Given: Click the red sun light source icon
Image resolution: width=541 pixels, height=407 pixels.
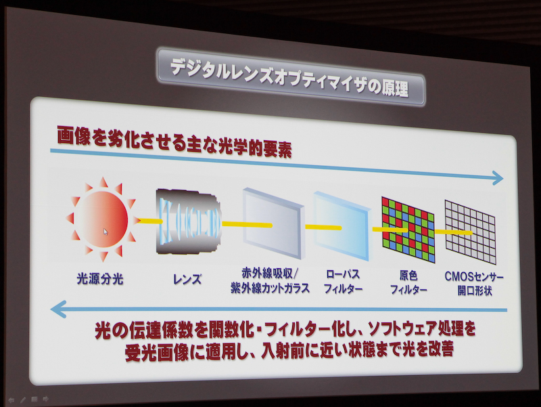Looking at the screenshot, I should (x=101, y=219).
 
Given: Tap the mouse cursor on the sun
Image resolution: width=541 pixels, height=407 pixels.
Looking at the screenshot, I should (x=105, y=232).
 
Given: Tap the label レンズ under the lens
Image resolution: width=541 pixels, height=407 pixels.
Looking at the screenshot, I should (x=187, y=279).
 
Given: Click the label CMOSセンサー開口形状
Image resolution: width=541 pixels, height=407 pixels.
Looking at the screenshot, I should (x=474, y=284).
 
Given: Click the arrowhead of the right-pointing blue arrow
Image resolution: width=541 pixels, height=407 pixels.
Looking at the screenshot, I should (x=498, y=178).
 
